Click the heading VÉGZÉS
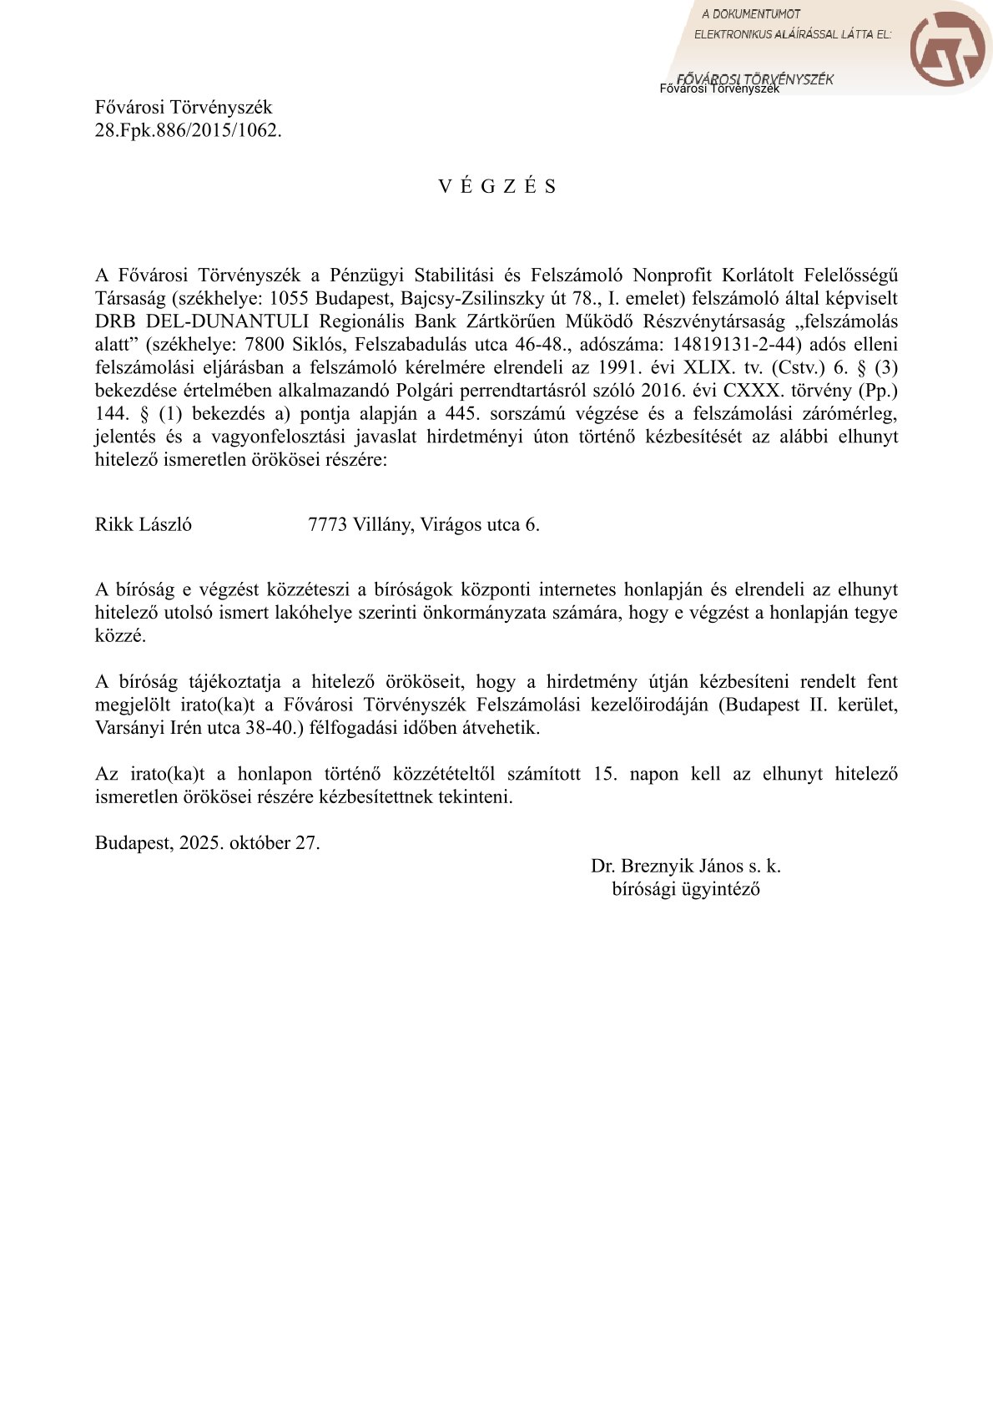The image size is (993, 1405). (x=497, y=186)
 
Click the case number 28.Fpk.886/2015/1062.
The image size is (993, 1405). (x=188, y=130)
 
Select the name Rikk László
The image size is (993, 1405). (x=144, y=524)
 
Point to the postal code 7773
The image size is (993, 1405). (x=327, y=524)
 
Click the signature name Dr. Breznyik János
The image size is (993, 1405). (x=667, y=866)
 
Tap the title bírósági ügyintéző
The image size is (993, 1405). (x=685, y=888)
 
